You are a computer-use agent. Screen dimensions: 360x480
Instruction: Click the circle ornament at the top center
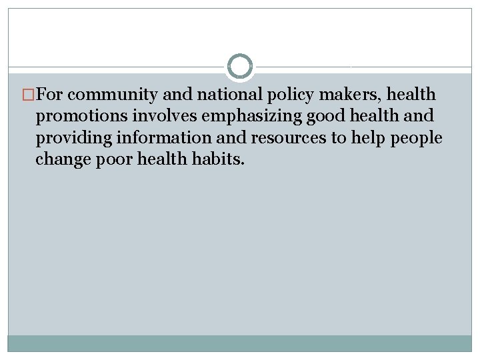(x=240, y=67)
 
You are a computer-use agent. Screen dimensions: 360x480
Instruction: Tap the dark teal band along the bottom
(x=240, y=343)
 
